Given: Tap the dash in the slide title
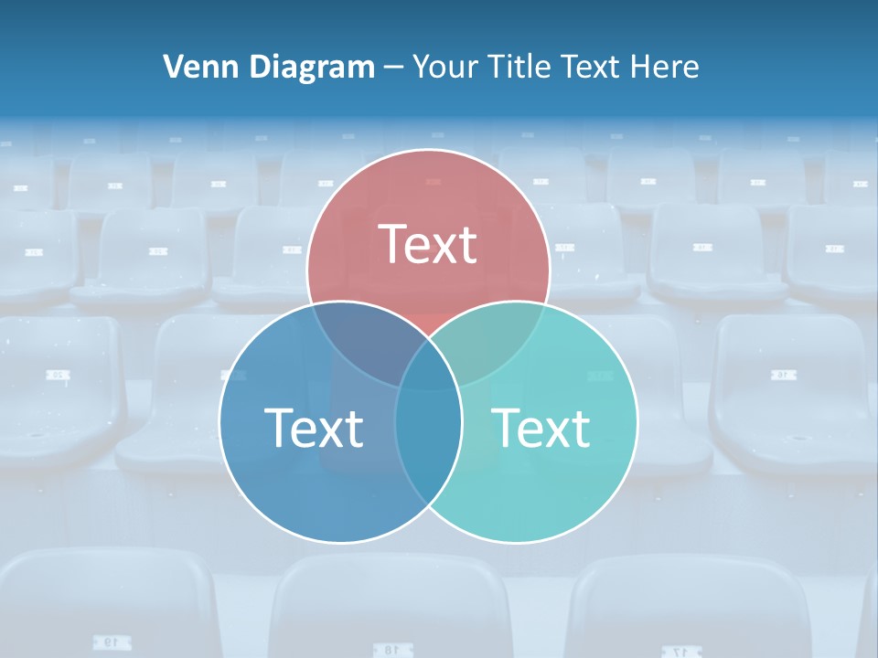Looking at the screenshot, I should (393, 68).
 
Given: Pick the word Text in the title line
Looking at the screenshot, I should (590, 67).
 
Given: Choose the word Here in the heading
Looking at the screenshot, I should (667, 67).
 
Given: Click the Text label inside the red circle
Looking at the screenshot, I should (428, 244).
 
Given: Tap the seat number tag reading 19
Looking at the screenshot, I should (108, 642).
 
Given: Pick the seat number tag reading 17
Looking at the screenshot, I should (679, 651).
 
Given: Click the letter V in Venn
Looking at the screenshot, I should (173, 67).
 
